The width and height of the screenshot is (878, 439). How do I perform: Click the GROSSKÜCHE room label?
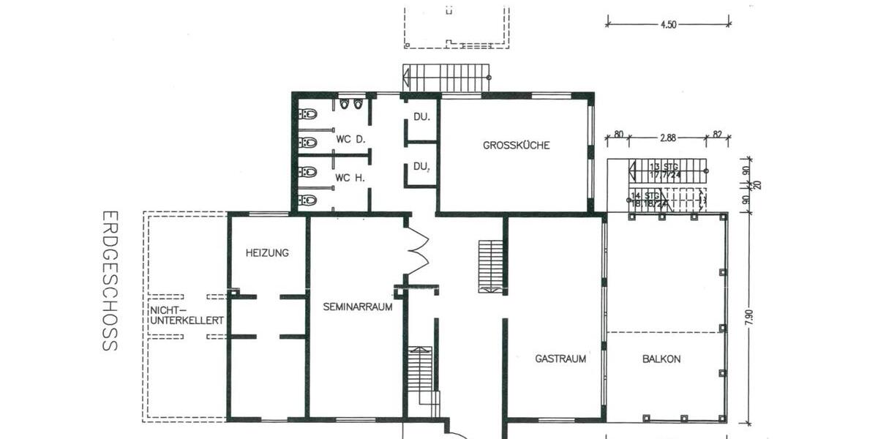point(516,145)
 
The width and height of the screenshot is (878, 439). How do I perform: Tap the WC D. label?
point(350,138)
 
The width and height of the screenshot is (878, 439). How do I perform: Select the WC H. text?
point(350,178)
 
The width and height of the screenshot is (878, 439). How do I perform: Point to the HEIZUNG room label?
point(267,253)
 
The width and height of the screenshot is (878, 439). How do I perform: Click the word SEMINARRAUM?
point(358,307)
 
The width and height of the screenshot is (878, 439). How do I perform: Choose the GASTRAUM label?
point(560,359)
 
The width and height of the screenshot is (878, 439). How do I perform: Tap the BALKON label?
point(661,359)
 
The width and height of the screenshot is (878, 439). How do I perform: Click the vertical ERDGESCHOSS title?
point(109,281)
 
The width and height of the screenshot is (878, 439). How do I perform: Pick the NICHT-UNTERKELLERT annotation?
point(187,315)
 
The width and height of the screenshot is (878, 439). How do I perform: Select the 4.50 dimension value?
point(668,24)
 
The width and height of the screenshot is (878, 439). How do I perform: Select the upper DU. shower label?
point(421,117)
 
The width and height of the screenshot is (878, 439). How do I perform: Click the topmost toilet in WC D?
point(307,114)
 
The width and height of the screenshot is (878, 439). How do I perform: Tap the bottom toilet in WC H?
point(307,199)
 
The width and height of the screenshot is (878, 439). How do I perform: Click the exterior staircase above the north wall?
point(446,78)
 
